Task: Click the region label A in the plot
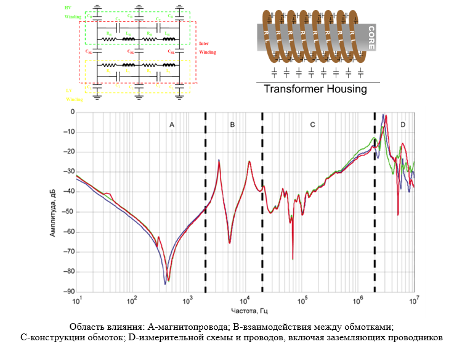point(172,125)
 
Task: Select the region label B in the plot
point(232,125)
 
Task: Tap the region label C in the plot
point(313,125)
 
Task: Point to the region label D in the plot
point(402,125)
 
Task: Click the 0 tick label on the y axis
point(71,112)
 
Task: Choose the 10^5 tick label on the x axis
point(302,301)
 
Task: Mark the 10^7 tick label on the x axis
point(415,301)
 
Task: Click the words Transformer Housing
point(315,89)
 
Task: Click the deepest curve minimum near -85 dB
point(165,282)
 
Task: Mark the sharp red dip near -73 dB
point(293,258)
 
